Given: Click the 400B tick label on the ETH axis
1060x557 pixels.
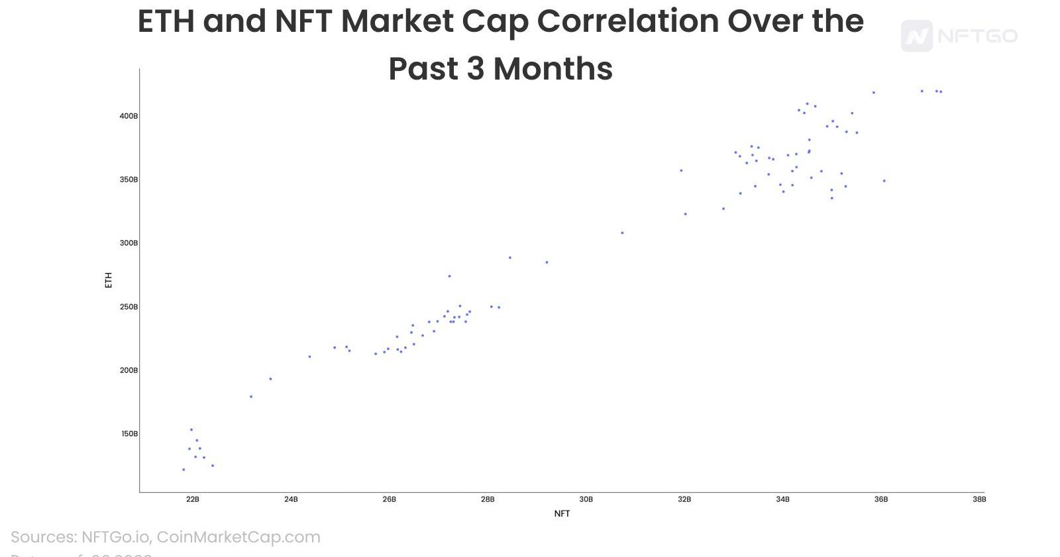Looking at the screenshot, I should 129,116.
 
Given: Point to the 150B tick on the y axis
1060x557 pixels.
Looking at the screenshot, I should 129,434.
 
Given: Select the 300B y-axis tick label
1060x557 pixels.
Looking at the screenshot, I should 129,243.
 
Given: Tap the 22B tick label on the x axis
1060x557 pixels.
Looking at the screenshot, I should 192,499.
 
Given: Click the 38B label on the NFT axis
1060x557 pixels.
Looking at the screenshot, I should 979,499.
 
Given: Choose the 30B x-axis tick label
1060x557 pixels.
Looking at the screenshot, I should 586,499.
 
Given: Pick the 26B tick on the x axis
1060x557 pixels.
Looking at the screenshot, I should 389,499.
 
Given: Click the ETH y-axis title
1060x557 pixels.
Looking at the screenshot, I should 109,280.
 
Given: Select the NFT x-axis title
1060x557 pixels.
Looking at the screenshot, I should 562,513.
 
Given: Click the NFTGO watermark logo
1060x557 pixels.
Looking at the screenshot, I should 959,36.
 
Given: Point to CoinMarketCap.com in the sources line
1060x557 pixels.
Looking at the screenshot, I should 238,537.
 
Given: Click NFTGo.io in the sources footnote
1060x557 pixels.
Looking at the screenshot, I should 116,537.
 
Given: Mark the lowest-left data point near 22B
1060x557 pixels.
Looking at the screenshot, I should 184,469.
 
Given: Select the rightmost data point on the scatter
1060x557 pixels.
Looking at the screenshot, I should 941,92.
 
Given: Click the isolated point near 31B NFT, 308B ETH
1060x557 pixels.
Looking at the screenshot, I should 622,233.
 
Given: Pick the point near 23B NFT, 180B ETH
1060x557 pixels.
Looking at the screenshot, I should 250,397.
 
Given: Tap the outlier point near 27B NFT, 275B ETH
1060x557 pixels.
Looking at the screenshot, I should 449,276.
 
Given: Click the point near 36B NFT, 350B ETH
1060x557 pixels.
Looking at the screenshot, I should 884,180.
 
